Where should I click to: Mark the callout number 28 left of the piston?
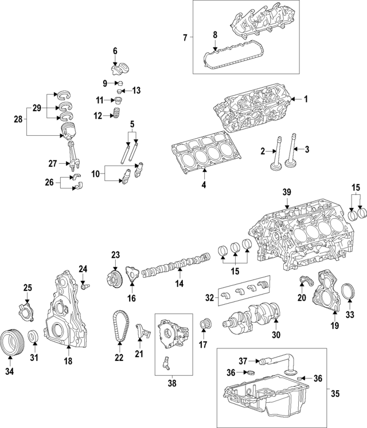(17, 119)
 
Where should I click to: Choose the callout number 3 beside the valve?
(307, 150)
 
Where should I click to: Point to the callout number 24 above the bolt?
(83, 269)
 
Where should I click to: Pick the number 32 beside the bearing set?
(210, 297)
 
